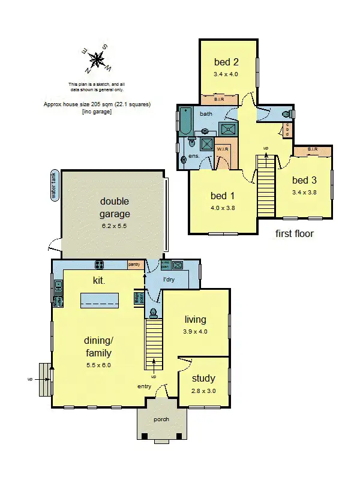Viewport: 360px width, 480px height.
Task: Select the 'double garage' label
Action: click(115, 208)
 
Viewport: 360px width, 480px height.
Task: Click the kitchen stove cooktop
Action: click(100, 265)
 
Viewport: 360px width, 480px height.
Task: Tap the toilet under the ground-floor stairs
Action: click(154, 313)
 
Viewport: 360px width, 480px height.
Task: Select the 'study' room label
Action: click(203, 379)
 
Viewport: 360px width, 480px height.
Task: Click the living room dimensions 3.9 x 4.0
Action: click(195, 331)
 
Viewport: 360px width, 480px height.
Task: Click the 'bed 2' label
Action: click(227, 62)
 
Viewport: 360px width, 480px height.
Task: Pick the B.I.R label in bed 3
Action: click(312, 149)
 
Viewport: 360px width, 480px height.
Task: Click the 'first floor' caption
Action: click(294, 233)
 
